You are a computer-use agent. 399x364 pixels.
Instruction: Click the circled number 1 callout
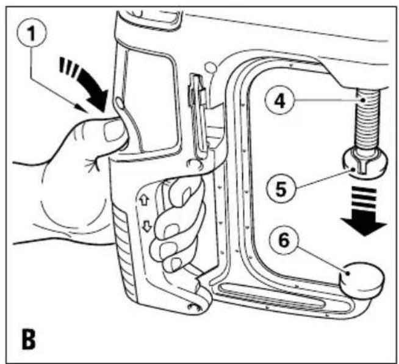point(32,33)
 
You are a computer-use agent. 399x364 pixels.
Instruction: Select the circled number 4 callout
point(279,101)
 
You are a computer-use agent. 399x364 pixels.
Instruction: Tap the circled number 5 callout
point(281,189)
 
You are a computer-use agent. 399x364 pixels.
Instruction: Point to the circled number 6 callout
point(284,239)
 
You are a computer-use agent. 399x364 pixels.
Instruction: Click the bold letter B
point(29,340)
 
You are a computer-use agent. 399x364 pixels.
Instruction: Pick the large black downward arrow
point(364,211)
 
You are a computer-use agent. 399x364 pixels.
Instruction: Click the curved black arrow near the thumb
point(87,84)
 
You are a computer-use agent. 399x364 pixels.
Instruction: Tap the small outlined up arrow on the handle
point(144,200)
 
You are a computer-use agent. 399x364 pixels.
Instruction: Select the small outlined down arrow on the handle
point(146,226)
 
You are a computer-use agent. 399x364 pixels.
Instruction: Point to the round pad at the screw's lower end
point(364,164)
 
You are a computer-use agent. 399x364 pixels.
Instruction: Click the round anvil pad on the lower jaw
point(361,280)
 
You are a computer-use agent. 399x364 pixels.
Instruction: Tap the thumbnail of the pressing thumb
point(113,131)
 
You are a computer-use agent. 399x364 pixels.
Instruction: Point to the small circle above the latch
point(210,67)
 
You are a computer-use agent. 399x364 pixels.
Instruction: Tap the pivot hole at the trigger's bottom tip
point(194,307)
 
